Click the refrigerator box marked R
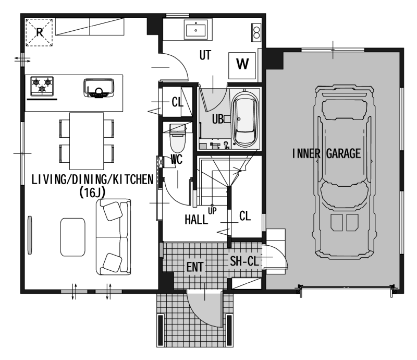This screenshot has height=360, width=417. coord(39,32)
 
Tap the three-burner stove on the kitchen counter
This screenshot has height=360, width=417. coord(42,86)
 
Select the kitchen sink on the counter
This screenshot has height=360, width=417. coord(99,88)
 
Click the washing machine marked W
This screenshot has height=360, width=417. coord(242,66)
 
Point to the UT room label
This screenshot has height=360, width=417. coord(205,55)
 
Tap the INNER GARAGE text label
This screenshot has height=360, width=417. coord(326,153)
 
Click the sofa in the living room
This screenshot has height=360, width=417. coord(114,237)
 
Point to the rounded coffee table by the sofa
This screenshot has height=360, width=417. coord(73,237)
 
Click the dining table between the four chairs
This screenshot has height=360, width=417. coord(87,141)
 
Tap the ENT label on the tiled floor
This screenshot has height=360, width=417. coord(194,267)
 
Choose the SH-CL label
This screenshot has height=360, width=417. coord(244,261)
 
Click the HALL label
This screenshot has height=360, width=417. coord(197,220)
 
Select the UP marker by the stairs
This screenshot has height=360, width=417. coord(212,211)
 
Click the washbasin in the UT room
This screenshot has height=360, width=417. coord(196,30)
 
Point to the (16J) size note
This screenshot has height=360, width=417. coord(92,192)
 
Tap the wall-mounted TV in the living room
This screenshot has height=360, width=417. coord(30,235)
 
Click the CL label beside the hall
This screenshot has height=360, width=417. coord(245,216)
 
